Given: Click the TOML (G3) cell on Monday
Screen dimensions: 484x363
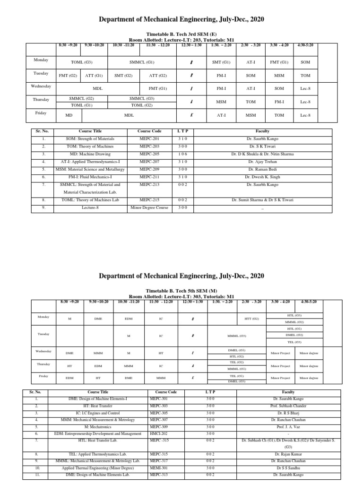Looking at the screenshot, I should click(82, 61).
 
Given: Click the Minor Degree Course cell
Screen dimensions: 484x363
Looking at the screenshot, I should click(150, 207).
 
